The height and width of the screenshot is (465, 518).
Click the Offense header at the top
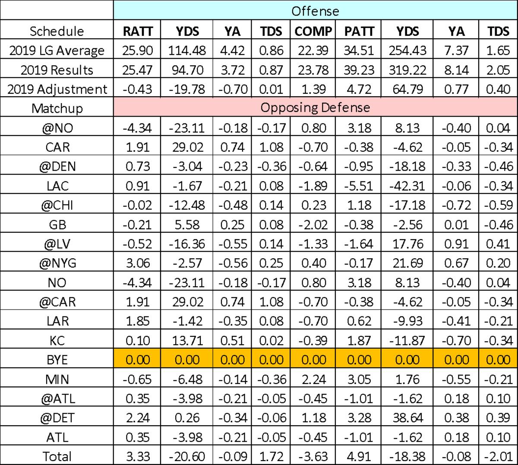click(315, 11)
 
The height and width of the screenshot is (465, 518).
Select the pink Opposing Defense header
click(315, 108)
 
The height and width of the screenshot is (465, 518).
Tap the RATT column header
click(137, 31)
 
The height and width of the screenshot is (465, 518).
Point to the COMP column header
click(313, 31)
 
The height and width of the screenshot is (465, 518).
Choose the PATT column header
click(359, 31)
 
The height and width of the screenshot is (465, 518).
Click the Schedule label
click(57, 31)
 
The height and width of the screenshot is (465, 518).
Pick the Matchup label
click(57, 108)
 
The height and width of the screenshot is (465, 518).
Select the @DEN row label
click(57, 167)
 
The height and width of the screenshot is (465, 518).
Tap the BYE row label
click(57, 360)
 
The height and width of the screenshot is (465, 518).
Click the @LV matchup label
click(57, 244)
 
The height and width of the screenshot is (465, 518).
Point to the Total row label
click(57, 456)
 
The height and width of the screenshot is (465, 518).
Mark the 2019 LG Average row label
click(57, 51)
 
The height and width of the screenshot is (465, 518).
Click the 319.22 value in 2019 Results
click(407, 70)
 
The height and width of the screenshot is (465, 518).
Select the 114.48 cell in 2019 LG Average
click(187, 51)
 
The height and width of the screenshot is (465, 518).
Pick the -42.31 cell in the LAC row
click(407, 186)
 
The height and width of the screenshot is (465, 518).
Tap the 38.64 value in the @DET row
click(407, 418)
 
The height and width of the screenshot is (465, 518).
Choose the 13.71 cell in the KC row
click(187, 340)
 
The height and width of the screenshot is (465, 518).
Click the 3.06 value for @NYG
click(137, 263)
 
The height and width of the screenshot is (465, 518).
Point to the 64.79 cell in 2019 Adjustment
click(407, 89)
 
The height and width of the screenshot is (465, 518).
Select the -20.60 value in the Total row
click(187, 456)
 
